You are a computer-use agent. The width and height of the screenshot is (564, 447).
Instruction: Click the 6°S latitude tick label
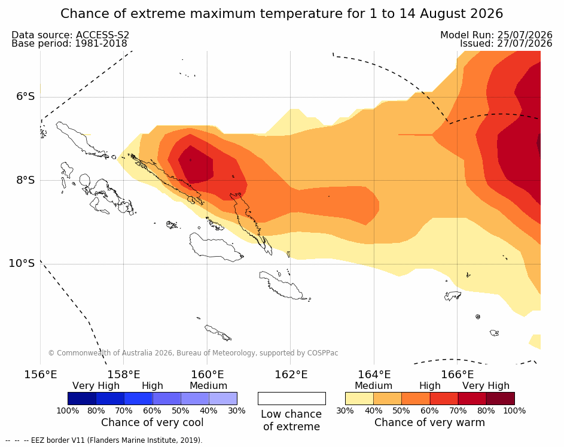tap(25, 97)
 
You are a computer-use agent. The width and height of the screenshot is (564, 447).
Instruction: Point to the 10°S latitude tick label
tap(22, 263)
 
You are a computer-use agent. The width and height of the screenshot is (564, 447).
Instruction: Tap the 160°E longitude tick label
tap(207, 375)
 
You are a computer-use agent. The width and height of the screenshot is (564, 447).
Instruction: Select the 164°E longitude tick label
tap(374, 375)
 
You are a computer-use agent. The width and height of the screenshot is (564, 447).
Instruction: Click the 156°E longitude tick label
tap(40, 375)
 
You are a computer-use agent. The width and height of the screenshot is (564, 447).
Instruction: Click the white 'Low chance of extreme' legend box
tap(292, 399)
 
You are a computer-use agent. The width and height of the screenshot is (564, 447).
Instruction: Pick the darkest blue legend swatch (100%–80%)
tap(82, 399)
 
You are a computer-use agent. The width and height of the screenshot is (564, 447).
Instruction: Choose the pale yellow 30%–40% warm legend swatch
tap(359, 399)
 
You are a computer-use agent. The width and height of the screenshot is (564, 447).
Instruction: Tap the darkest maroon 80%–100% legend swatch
tap(501, 399)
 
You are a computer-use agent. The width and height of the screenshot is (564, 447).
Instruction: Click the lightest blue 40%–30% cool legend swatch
tap(223, 399)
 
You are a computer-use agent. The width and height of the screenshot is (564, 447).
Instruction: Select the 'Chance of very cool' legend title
tap(152, 422)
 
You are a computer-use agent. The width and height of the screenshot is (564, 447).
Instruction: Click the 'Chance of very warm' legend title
tap(429, 422)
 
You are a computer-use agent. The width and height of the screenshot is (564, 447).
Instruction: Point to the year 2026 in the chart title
tap(488, 14)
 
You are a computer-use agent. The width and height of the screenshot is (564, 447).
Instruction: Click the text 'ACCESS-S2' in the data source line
tap(102, 35)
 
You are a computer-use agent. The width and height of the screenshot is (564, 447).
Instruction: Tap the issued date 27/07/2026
tap(525, 44)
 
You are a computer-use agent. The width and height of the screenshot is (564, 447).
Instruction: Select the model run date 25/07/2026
tap(525, 35)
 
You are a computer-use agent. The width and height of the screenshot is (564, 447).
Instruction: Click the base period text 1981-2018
tap(100, 44)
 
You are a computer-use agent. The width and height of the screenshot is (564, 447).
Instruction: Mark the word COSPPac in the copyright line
tap(322, 353)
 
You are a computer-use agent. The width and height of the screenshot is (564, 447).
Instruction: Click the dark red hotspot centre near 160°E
tap(196, 165)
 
